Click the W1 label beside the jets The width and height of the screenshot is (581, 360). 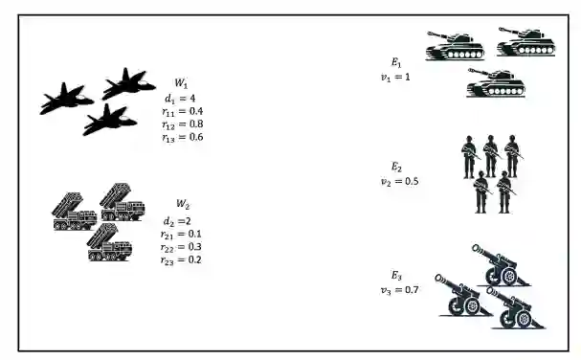tap(181, 83)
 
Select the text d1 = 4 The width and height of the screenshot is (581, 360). tap(180, 99)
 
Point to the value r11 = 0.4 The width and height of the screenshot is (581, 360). tap(182, 111)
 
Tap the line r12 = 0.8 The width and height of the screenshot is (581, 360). tap(182, 124)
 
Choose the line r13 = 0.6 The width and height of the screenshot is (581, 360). tap(182, 137)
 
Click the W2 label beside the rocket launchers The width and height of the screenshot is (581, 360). tap(183, 204)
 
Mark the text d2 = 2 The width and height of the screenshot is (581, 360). tap(177, 221)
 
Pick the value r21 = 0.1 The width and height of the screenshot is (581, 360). tap(181, 234)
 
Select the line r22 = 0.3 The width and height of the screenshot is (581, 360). tap(181, 247)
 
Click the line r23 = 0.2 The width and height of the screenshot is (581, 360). tap(181, 259)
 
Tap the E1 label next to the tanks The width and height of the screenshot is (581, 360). tap(396, 62)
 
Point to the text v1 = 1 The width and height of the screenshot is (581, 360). tap(395, 78)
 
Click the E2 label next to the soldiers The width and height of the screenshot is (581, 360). tap(396, 167)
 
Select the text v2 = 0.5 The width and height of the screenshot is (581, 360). tap(400, 181)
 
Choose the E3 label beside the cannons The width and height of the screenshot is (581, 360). tap(396, 276)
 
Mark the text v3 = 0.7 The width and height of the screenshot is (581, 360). tap(400, 289)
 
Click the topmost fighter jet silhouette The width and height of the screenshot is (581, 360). tap(128, 84)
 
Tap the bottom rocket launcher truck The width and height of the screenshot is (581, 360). tap(110, 242)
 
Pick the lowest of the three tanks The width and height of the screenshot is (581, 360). tap(496, 83)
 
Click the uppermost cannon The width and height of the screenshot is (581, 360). tap(501, 265)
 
